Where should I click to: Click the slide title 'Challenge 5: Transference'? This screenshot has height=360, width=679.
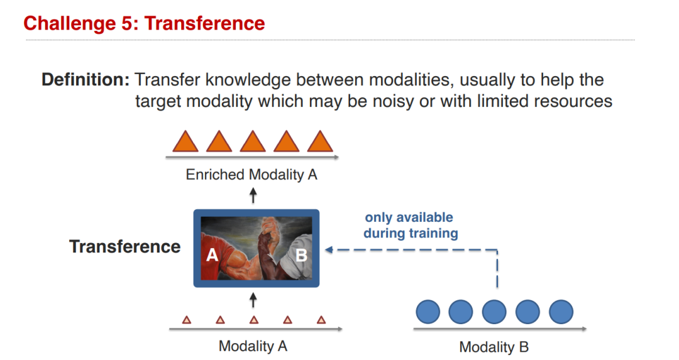click(x=144, y=23)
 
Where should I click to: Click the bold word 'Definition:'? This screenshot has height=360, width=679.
click(x=86, y=80)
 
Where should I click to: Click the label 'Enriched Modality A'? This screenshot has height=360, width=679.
click(x=251, y=175)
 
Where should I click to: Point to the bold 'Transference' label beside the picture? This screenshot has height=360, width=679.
click(x=124, y=247)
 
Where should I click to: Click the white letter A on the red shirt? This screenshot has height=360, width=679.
click(x=212, y=255)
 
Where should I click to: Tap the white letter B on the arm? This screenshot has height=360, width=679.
click(x=301, y=255)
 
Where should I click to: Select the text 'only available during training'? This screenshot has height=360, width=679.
click(x=411, y=225)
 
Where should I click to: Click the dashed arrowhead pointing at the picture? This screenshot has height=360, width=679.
click(x=329, y=249)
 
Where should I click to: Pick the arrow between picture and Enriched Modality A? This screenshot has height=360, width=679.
click(x=253, y=195)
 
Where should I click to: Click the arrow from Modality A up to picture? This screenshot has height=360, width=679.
click(x=253, y=300)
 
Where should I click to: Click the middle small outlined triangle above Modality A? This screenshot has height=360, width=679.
click(x=254, y=320)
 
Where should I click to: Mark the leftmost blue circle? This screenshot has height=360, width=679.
click(x=428, y=312)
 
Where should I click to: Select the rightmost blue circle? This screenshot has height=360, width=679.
click(x=561, y=312)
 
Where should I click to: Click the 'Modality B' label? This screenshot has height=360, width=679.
click(x=494, y=347)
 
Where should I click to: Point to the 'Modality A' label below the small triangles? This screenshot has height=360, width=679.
click(x=253, y=346)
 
